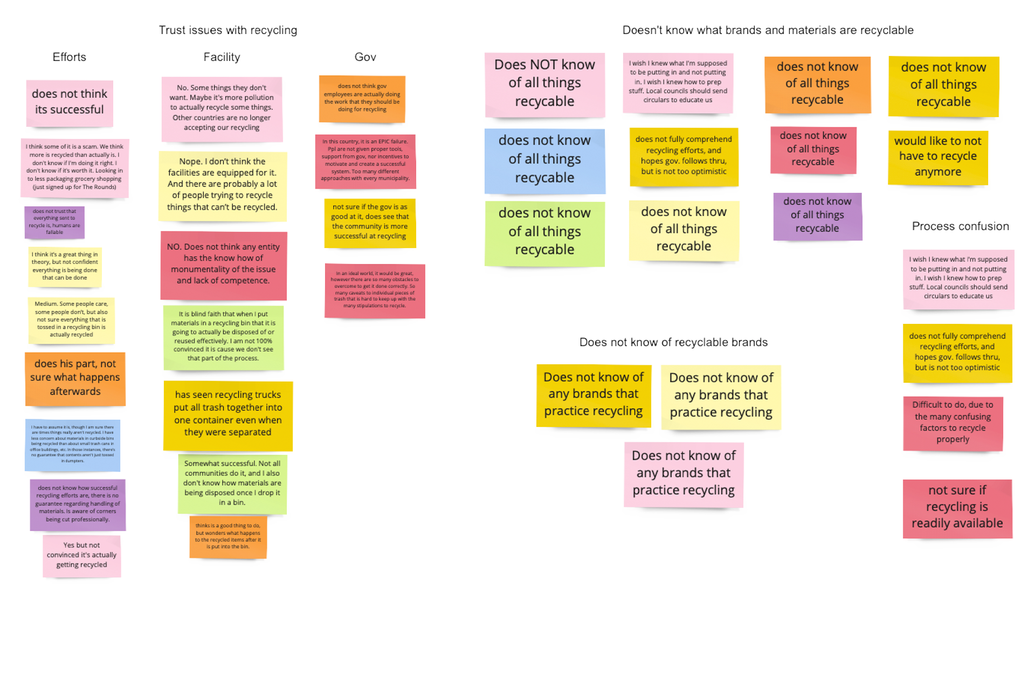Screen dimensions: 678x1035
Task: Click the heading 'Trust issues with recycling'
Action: pos(227,30)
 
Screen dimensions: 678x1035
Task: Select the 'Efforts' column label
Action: pos(69,57)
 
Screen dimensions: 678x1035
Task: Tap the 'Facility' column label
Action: pos(222,57)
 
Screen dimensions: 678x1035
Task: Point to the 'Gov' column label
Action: pos(365,57)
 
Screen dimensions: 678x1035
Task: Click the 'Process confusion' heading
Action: pos(960,226)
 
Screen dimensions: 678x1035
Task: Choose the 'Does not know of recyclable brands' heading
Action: pos(673,342)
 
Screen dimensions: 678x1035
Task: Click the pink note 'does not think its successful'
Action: pos(70,102)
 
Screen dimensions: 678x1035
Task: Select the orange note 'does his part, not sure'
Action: pos(75,378)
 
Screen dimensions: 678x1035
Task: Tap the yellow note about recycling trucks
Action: pos(227,414)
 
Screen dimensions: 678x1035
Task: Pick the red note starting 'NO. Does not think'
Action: pos(223,264)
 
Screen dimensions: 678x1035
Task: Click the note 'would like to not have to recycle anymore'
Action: pos(937,156)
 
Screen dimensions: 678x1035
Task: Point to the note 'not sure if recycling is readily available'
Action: pos(957,507)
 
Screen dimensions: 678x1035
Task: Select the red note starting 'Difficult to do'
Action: pos(953,422)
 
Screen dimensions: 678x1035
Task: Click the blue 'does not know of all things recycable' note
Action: pos(544,160)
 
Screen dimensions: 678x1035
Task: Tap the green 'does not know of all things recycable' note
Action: pos(544,232)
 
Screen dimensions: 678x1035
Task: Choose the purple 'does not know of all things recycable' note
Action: pos(817,215)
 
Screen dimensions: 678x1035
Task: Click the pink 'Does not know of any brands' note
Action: pos(684,473)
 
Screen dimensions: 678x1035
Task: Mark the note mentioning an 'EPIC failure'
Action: pos(365,160)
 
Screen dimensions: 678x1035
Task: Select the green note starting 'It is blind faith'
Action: pos(223,336)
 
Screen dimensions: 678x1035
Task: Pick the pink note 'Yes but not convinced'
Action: pos(81,555)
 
